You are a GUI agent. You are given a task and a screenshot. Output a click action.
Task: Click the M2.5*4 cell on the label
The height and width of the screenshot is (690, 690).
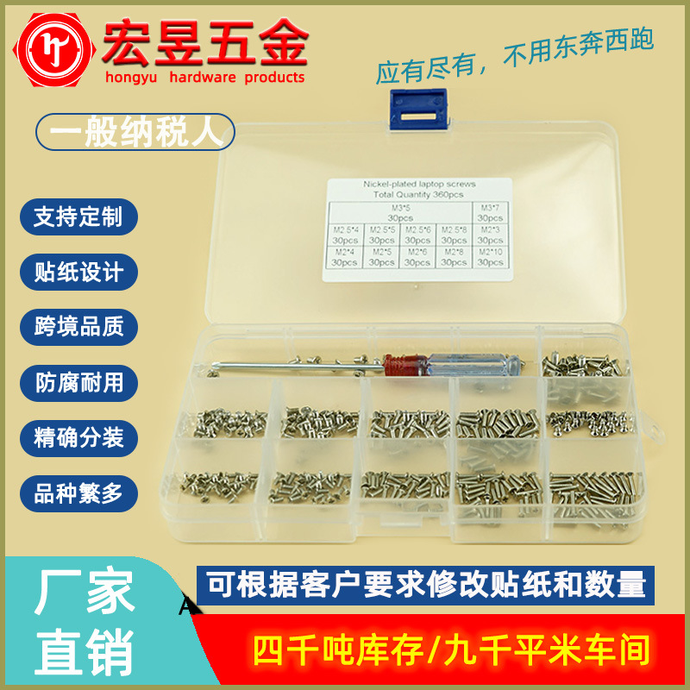(345, 235)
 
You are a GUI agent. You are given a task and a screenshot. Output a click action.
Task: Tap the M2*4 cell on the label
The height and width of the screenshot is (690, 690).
(345, 256)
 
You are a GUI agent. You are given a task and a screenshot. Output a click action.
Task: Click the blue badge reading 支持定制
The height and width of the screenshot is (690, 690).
(78, 216)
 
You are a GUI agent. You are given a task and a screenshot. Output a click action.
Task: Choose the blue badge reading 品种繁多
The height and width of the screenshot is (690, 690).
(78, 493)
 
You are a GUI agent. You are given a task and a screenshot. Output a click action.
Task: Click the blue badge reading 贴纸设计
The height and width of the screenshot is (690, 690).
(78, 273)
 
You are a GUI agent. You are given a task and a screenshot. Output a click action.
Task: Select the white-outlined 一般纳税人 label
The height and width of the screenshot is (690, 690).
(134, 134)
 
